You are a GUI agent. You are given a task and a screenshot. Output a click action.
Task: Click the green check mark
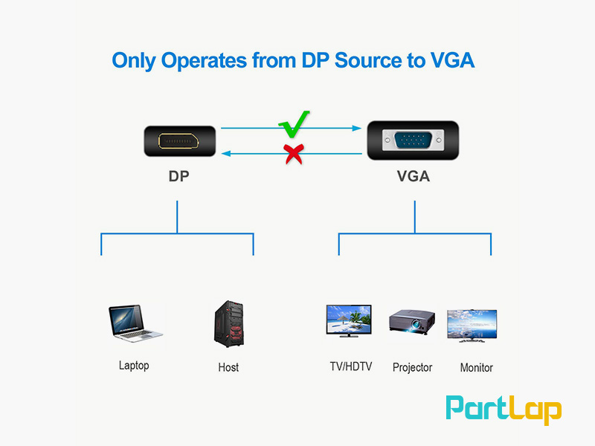(x=295, y=124)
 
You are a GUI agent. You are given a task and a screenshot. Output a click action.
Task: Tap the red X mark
(x=295, y=154)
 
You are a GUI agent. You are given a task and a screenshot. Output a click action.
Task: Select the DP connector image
(x=181, y=141)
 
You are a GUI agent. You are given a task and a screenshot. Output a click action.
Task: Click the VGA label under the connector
(x=414, y=177)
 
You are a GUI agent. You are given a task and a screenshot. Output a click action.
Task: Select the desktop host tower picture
(x=228, y=326)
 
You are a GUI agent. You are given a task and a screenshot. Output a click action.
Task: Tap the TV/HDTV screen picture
(x=350, y=321)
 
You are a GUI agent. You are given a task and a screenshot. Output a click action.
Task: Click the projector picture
(x=411, y=321)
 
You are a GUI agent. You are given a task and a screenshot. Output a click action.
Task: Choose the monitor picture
(x=472, y=325)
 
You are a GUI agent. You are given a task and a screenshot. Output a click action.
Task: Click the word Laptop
(x=134, y=365)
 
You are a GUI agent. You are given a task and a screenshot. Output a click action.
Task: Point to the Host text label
(x=228, y=367)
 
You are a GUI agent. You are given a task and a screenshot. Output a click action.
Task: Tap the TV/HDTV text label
(x=351, y=366)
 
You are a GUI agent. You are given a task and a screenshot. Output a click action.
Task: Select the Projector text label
(x=412, y=367)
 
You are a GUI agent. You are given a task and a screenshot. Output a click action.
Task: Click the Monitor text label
(x=476, y=367)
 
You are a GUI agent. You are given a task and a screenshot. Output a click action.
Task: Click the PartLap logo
(x=504, y=410)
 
